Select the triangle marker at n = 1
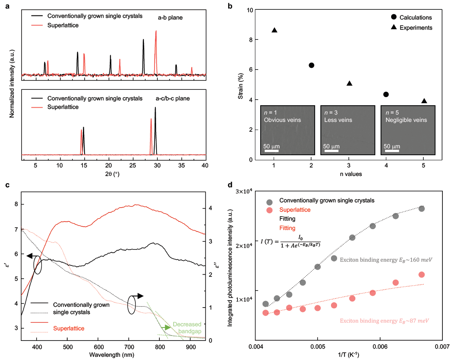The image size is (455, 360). pos(274,30)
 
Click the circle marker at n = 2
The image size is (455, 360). pos(311,65)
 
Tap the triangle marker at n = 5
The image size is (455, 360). pos(424,101)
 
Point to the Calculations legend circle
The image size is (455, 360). pos(394,17)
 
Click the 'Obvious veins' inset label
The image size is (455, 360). pos(280,120)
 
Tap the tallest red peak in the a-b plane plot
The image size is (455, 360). pos(156,31)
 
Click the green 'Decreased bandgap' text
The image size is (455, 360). pos(187,328)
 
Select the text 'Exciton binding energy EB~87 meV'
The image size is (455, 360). pos(384,321)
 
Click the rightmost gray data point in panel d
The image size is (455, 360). pos(422,208)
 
